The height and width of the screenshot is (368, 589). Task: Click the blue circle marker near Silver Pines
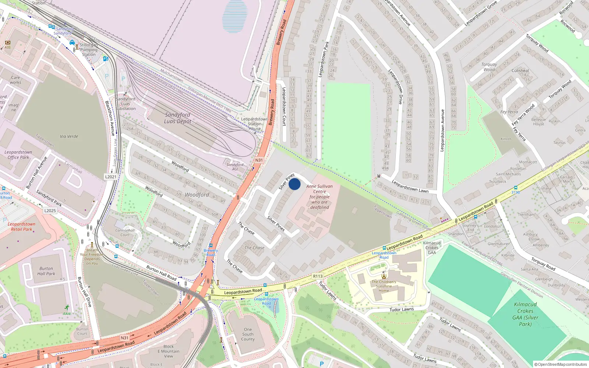pos(294,184)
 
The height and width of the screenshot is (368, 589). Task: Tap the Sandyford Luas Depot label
pos(177,118)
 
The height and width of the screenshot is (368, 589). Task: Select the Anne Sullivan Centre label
pos(320,197)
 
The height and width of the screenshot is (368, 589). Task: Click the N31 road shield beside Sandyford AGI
pos(259,160)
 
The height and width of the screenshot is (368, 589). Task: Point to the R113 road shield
pos(318,276)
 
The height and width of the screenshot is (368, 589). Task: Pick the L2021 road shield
pos(111,177)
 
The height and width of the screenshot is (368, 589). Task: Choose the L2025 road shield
pos(50,211)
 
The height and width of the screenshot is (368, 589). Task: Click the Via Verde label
pos(69,137)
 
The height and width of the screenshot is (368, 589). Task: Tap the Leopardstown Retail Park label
pos(21,227)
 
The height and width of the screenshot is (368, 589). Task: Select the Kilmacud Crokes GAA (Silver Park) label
pos(525,314)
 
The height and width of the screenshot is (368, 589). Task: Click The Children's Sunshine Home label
pos(384,286)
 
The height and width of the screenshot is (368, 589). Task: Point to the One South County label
pos(248,335)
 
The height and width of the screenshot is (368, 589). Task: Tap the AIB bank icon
pos(7,43)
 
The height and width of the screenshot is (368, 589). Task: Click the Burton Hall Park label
pos(46,271)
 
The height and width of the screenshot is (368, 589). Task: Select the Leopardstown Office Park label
pos(18,155)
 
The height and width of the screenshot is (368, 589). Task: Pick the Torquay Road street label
pos(543,264)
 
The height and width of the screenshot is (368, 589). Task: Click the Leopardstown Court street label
pos(284,107)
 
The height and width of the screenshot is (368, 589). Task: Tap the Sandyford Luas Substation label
pos(126,104)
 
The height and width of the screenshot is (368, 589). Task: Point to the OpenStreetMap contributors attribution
pos(561,364)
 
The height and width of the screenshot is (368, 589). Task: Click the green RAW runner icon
pos(67,308)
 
